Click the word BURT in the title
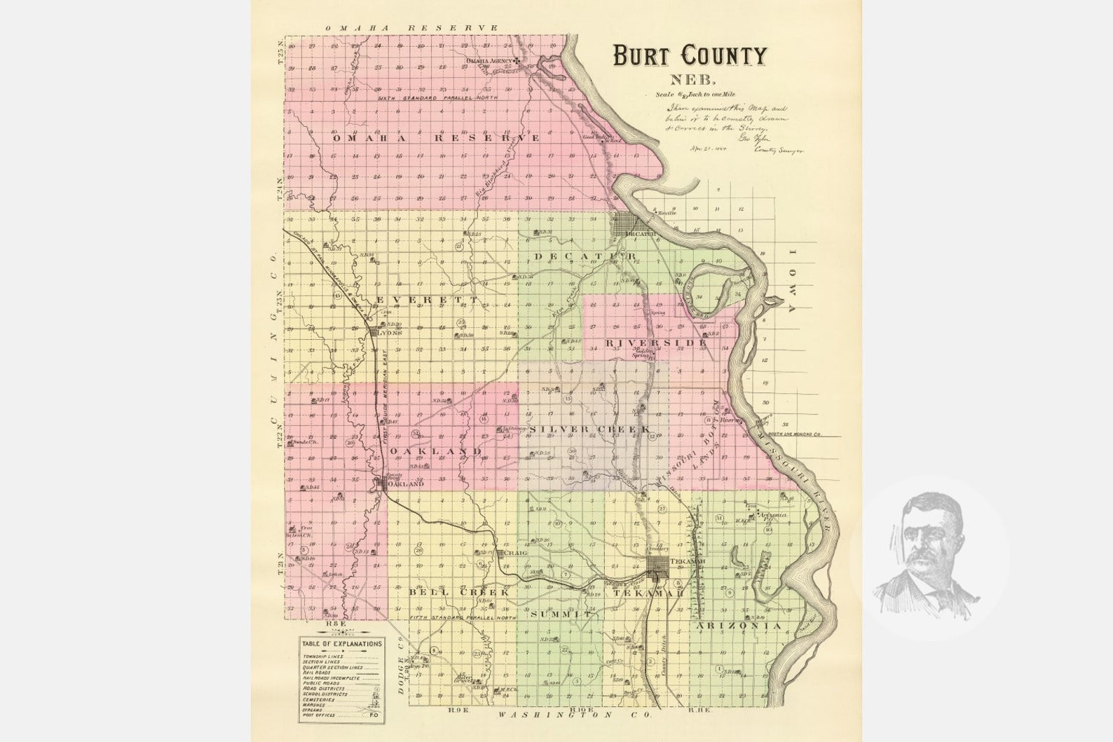pos(643,55)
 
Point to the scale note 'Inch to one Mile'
pos(709,94)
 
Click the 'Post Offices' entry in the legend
pos(319,715)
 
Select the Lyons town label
pos(390,333)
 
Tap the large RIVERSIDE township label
pos(652,343)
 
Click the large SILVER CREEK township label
pos(590,429)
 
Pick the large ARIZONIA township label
pos(737,625)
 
